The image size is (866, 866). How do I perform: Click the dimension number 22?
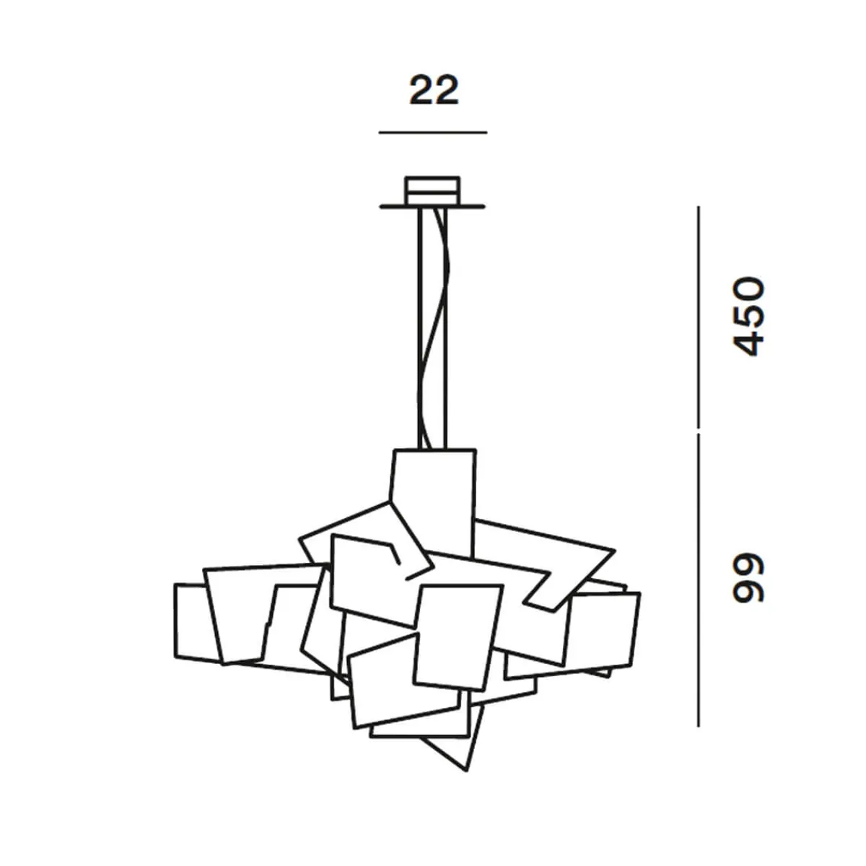tap(434, 91)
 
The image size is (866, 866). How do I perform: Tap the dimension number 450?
tap(748, 316)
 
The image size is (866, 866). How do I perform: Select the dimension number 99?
tap(748, 577)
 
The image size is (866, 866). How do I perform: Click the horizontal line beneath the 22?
tap(433, 133)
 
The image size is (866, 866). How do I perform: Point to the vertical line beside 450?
tap(698, 317)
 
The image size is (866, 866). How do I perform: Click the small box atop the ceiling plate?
tap(432, 191)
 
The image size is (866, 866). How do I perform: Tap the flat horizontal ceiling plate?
tap(432, 206)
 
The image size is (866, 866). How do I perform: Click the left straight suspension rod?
tap(420, 328)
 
